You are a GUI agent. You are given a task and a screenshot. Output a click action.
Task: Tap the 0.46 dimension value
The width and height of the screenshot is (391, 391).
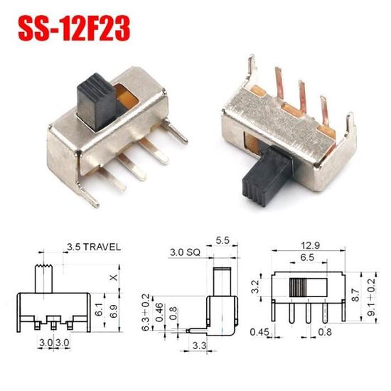click(161, 311)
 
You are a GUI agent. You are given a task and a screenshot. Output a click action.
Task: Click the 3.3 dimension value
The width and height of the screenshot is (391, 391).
click(200, 346)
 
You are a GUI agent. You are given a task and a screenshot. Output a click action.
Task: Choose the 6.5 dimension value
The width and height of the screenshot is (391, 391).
click(307, 257)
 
